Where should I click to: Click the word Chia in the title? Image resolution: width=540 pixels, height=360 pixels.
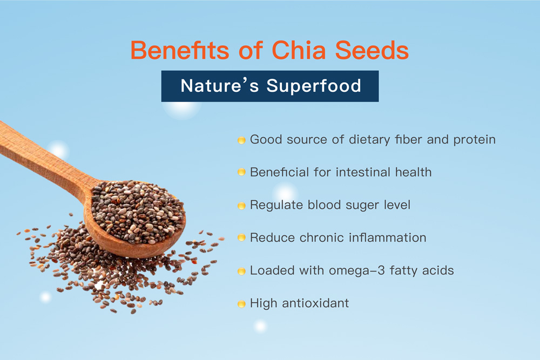[x=299, y=50]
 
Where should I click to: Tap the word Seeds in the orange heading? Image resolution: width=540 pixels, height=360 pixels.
[x=372, y=50]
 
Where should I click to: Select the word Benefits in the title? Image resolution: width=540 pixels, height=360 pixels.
[x=179, y=50]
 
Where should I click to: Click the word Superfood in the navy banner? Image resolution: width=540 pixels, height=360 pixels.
[x=314, y=86]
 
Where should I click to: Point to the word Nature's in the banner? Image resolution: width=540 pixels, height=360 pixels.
[x=219, y=85]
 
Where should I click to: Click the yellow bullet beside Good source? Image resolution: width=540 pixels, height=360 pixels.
[x=241, y=140]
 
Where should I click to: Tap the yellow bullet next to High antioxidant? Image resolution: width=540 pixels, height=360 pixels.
[x=241, y=304]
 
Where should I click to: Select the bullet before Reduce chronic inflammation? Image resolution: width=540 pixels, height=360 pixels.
[x=241, y=237]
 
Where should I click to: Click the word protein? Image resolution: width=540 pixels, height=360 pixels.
[x=474, y=140]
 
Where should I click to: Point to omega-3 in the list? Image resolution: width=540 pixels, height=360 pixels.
[x=357, y=271]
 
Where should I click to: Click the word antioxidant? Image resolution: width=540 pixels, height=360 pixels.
[x=315, y=303]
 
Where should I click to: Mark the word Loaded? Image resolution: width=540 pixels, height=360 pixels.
[x=272, y=270]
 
